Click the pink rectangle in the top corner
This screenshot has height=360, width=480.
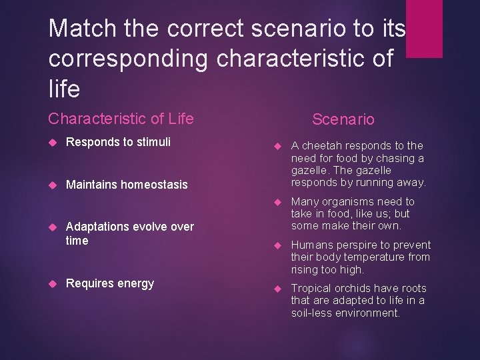point(424,28)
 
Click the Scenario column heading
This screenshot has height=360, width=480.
point(343,119)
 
